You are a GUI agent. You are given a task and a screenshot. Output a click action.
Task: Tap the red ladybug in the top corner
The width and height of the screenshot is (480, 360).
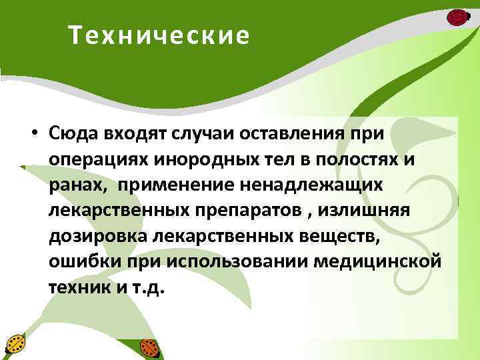pos(457,17)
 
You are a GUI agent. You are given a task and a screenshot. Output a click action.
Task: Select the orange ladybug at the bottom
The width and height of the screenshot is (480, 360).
pos(148,347)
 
